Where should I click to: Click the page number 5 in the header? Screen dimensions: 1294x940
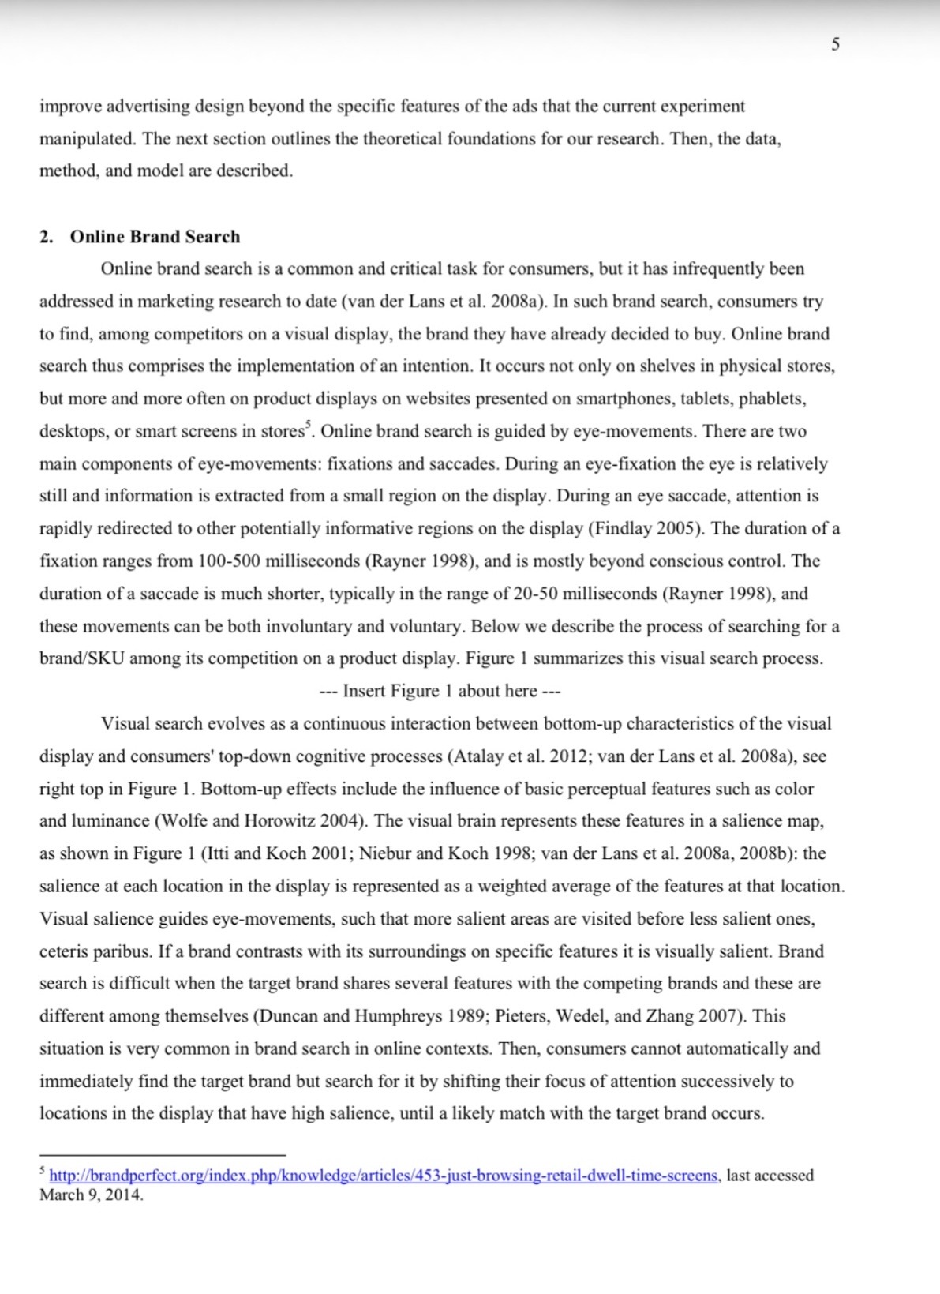(836, 44)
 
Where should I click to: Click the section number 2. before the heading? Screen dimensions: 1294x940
(47, 237)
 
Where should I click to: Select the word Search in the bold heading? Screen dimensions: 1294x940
(212, 237)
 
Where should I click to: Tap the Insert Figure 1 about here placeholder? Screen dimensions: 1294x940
(440, 691)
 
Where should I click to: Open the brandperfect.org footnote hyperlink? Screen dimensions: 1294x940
(384, 1176)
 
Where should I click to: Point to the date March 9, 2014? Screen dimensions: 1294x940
(92, 1195)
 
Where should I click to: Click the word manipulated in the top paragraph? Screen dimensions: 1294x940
(87, 139)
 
